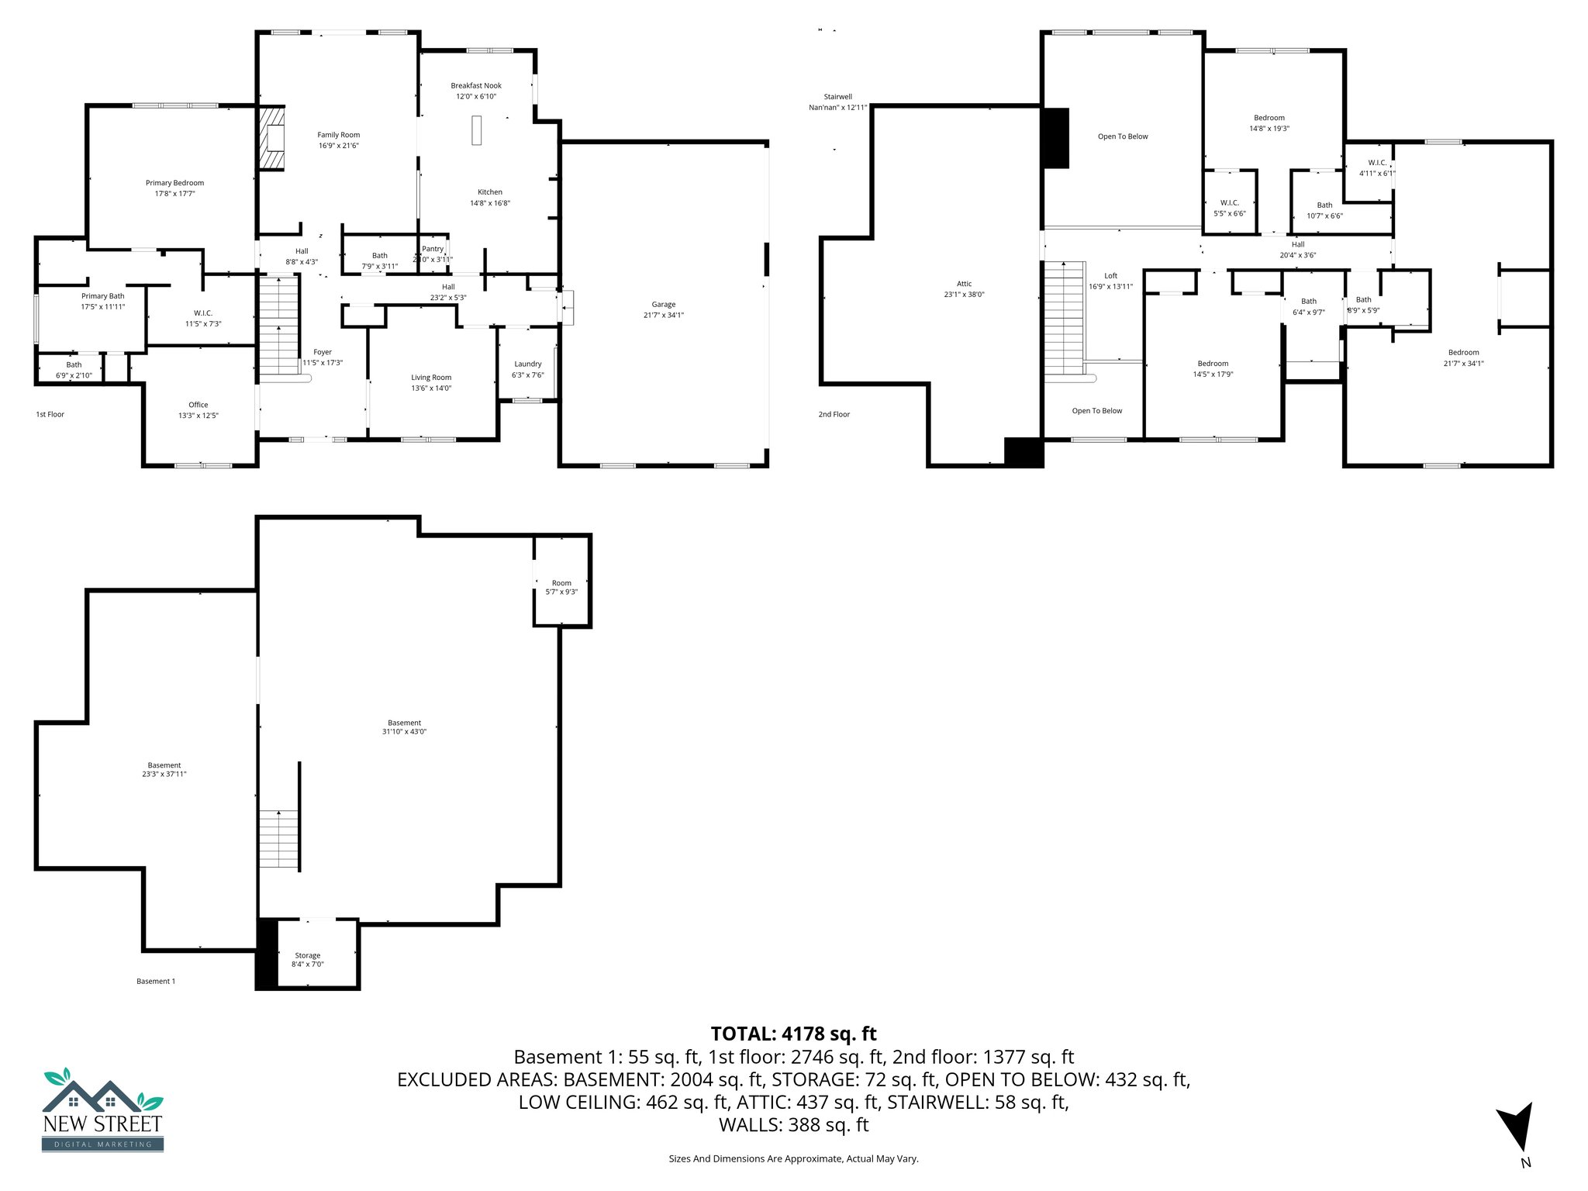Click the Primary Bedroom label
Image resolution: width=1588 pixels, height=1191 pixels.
[174, 183]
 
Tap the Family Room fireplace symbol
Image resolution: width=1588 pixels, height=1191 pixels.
[272, 138]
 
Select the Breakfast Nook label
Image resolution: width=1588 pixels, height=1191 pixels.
[476, 86]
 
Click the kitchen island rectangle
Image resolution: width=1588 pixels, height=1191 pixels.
[477, 129]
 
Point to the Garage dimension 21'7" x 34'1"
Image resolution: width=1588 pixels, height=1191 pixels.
[663, 315]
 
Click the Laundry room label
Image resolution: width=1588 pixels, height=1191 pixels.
[527, 364]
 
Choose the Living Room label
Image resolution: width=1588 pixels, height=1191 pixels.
[431, 378]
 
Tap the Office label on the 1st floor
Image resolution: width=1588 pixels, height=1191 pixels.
[198, 405]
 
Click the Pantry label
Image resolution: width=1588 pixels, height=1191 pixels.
[433, 249]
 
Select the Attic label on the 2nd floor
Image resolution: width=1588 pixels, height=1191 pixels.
[964, 284]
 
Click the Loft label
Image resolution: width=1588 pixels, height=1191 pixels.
[1110, 276]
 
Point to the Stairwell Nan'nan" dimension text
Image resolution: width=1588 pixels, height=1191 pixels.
[837, 108]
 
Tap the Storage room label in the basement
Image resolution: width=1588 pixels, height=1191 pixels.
[307, 955]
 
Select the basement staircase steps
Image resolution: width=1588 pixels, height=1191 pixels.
[278, 838]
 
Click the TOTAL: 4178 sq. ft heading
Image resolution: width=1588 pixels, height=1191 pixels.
[793, 1034]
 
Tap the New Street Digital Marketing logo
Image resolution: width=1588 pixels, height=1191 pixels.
[102, 1110]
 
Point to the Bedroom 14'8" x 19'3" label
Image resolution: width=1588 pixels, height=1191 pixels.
[1269, 118]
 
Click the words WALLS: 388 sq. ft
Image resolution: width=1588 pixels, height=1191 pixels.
[793, 1124]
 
